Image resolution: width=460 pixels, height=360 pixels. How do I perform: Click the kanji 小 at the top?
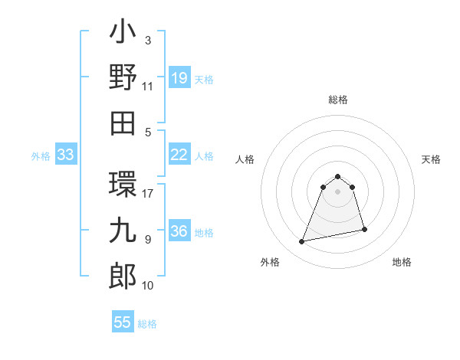123,34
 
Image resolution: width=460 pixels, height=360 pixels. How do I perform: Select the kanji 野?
123,77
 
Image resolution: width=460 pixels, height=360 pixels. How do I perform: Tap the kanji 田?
123,121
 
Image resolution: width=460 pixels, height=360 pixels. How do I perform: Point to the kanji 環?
123,183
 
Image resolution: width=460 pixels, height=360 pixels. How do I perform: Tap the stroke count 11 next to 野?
148,87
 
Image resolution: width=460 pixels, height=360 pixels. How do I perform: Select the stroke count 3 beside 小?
148,41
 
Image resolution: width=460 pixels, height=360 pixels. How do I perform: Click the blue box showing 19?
179,77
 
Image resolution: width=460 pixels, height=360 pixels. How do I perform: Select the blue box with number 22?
179,155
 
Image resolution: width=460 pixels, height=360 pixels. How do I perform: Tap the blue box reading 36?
179,231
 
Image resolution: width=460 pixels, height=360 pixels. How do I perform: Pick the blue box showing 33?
65,155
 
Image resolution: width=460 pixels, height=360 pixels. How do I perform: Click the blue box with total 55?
123,322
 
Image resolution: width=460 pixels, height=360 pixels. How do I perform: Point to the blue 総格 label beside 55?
147,324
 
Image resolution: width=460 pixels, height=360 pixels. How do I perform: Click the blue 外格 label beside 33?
41,156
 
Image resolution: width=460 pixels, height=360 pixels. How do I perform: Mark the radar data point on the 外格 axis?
302,242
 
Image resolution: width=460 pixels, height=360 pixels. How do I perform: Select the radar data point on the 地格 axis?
364,229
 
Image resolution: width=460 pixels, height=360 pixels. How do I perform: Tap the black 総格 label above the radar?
338,100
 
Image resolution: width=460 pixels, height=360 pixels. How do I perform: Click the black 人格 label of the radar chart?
245,159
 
